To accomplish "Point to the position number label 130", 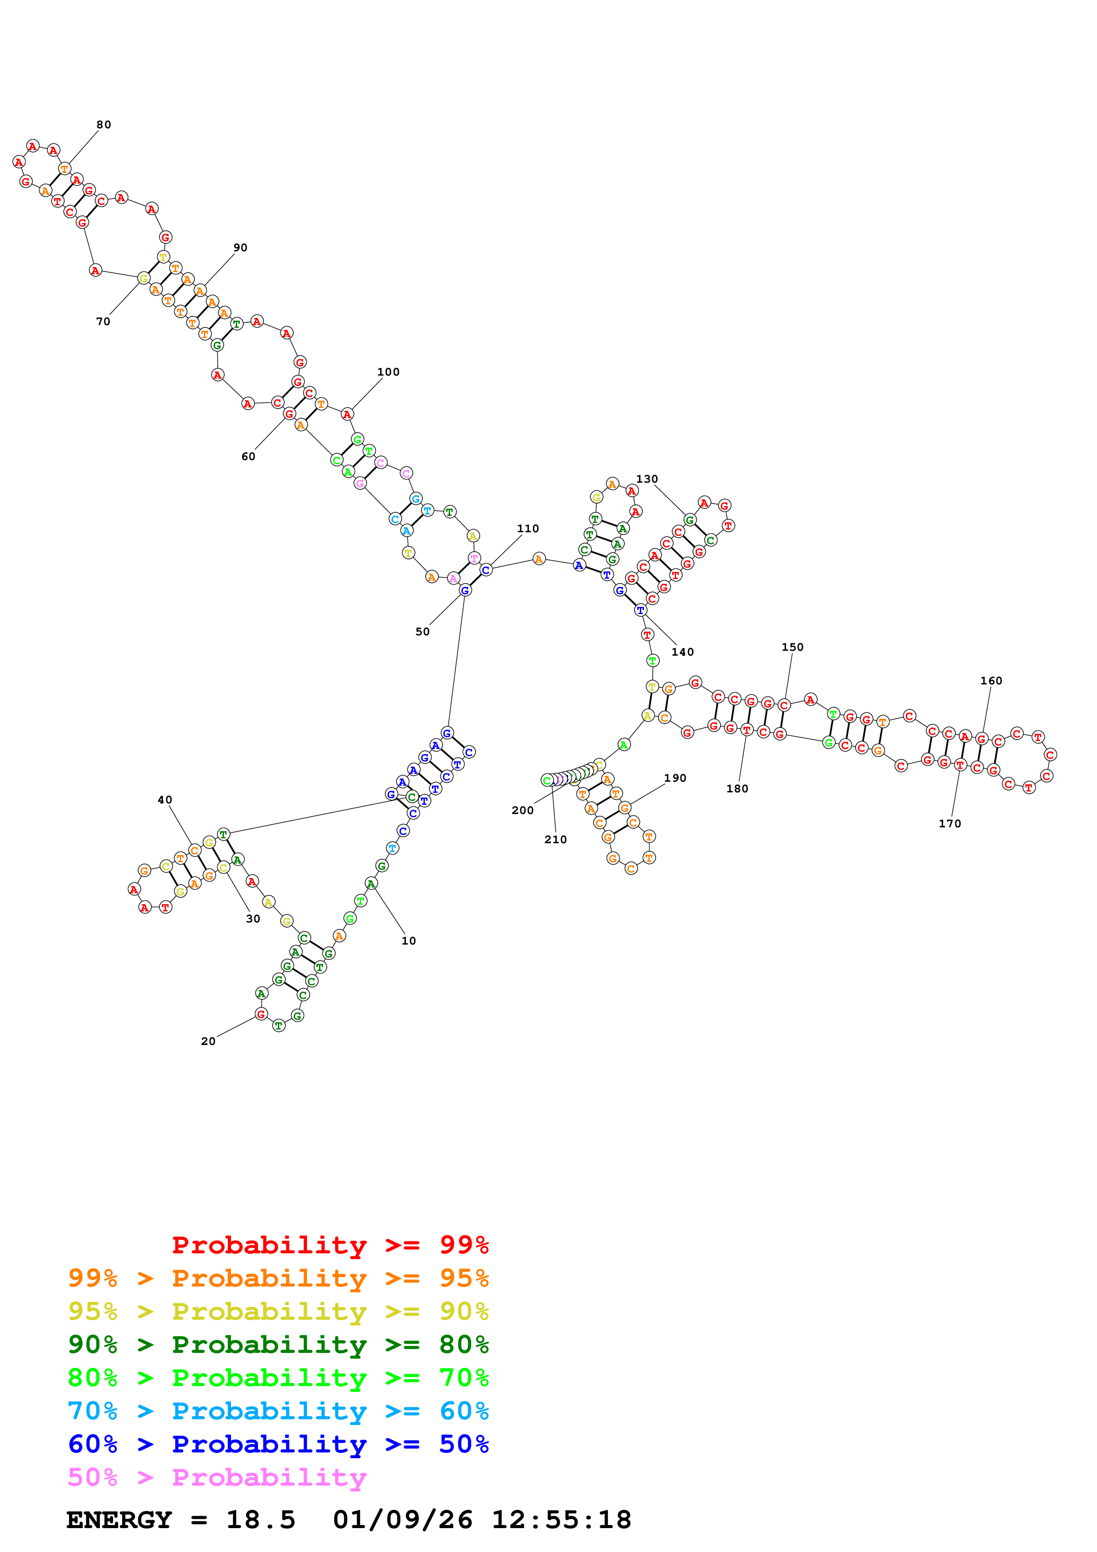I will (x=647, y=479).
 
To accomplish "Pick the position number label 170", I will (x=950, y=824).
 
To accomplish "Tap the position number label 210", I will (x=556, y=840).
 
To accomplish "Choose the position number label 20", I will (x=208, y=1041).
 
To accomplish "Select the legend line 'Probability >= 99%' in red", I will (x=330, y=1245).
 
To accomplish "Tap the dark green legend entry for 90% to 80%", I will (x=278, y=1345).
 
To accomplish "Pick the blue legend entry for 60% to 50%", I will (x=278, y=1444).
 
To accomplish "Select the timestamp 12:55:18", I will (x=561, y=1520).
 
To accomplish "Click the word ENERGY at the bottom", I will (x=119, y=1520).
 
